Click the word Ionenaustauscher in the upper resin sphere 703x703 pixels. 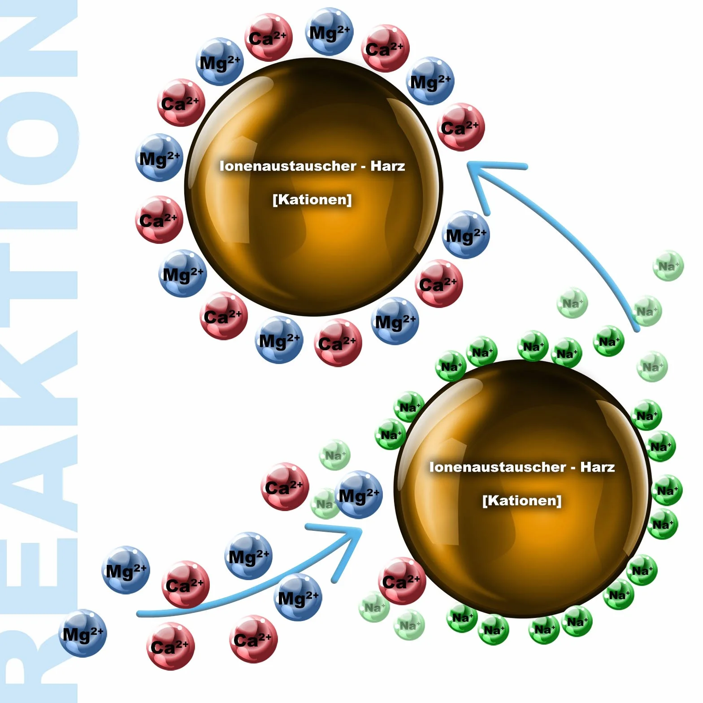[288, 166]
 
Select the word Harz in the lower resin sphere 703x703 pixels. [598, 467]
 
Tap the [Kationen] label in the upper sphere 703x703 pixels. [312, 199]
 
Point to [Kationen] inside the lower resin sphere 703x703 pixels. [522, 500]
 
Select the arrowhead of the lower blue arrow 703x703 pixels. [341, 547]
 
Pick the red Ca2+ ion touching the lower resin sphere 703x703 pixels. [402, 581]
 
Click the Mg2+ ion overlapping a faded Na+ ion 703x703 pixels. [359, 495]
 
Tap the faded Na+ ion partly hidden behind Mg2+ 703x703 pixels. [324, 504]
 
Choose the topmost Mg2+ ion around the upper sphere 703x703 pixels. [330, 31]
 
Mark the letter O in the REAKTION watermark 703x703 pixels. [39, 138]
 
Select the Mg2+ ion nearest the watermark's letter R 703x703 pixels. [82, 633]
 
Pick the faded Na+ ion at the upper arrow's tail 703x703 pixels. [646, 311]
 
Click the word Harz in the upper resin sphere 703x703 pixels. [388, 166]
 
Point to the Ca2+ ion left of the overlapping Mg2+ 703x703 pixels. [285, 487]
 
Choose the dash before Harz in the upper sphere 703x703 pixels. [364, 167]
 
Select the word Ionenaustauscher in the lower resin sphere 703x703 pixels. [498, 467]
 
